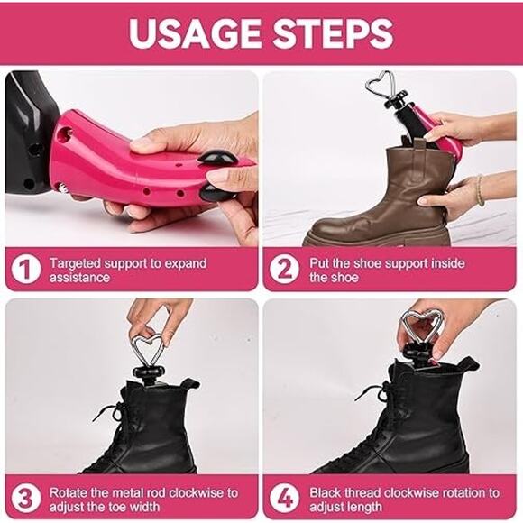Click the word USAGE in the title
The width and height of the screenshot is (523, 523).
pyautogui.click(x=195, y=33)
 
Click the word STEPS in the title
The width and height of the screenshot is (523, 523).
pyautogui.click(x=334, y=33)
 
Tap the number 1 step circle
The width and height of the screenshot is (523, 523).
pyautogui.click(x=25, y=270)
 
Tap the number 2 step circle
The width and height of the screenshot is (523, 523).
pyautogui.click(x=285, y=270)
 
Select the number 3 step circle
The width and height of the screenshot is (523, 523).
pyautogui.click(x=25, y=499)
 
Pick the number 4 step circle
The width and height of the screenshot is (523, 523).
pyautogui.click(x=285, y=499)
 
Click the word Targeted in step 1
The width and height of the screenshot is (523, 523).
pyautogui.click(x=76, y=264)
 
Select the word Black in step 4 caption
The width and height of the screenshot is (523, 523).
pyautogui.click(x=326, y=493)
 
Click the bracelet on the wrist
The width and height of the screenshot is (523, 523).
pyautogui.click(x=479, y=190)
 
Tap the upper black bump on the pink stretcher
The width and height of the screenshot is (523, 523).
pyautogui.click(x=217, y=158)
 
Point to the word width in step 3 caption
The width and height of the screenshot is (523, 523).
pyautogui.click(x=144, y=507)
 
